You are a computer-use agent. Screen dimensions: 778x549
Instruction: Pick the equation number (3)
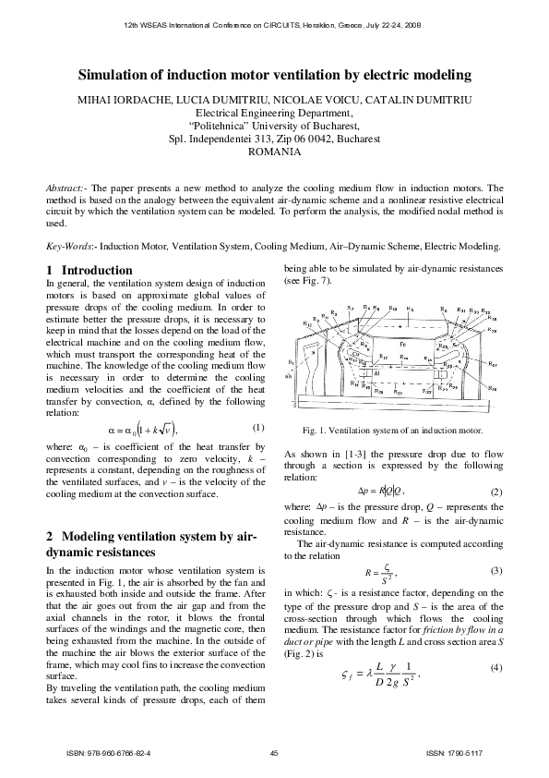496,570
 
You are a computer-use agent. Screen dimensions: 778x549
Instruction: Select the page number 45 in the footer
274,755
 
